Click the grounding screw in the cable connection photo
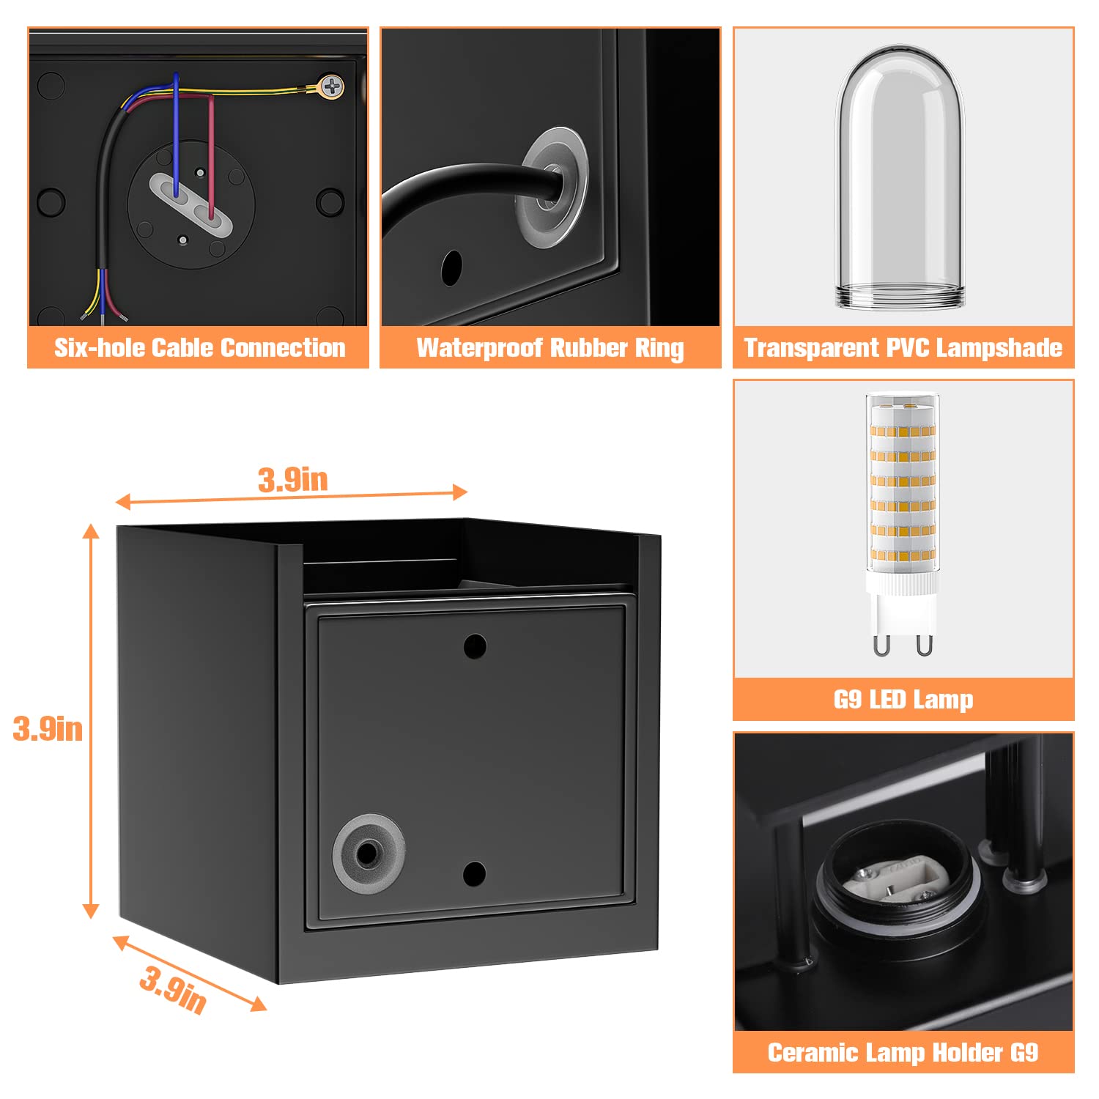(x=332, y=87)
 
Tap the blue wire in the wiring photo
(x=176, y=132)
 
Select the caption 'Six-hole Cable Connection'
(x=199, y=347)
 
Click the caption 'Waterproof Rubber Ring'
(x=550, y=347)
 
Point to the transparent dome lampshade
(x=900, y=176)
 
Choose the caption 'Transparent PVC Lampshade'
(x=903, y=347)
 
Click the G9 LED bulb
(x=903, y=498)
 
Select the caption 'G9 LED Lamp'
(x=903, y=700)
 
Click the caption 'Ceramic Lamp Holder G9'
(x=903, y=1053)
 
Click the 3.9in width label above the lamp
(x=292, y=480)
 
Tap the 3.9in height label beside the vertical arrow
(x=48, y=729)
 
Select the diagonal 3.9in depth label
(x=173, y=989)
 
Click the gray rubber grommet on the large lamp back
(x=366, y=851)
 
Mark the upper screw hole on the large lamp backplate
(x=476, y=646)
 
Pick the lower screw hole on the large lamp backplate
(x=475, y=873)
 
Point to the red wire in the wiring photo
(x=212, y=161)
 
